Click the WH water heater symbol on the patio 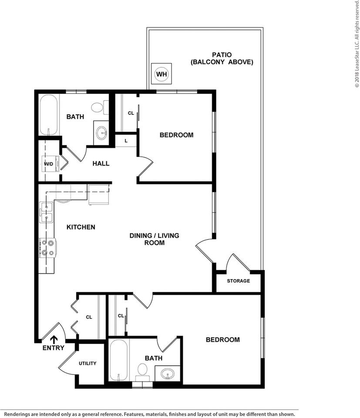[x=161, y=74]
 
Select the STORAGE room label [x=238, y=281]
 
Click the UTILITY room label [x=87, y=363]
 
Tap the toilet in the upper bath [x=98, y=107]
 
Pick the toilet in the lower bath [x=142, y=370]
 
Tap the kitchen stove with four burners [x=47, y=248]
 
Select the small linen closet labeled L [x=126, y=141]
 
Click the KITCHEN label [x=81, y=227]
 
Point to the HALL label [x=101, y=164]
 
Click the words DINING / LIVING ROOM [x=154, y=239]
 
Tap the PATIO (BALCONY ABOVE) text [x=222, y=58]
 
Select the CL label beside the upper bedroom [x=131, y=113]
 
